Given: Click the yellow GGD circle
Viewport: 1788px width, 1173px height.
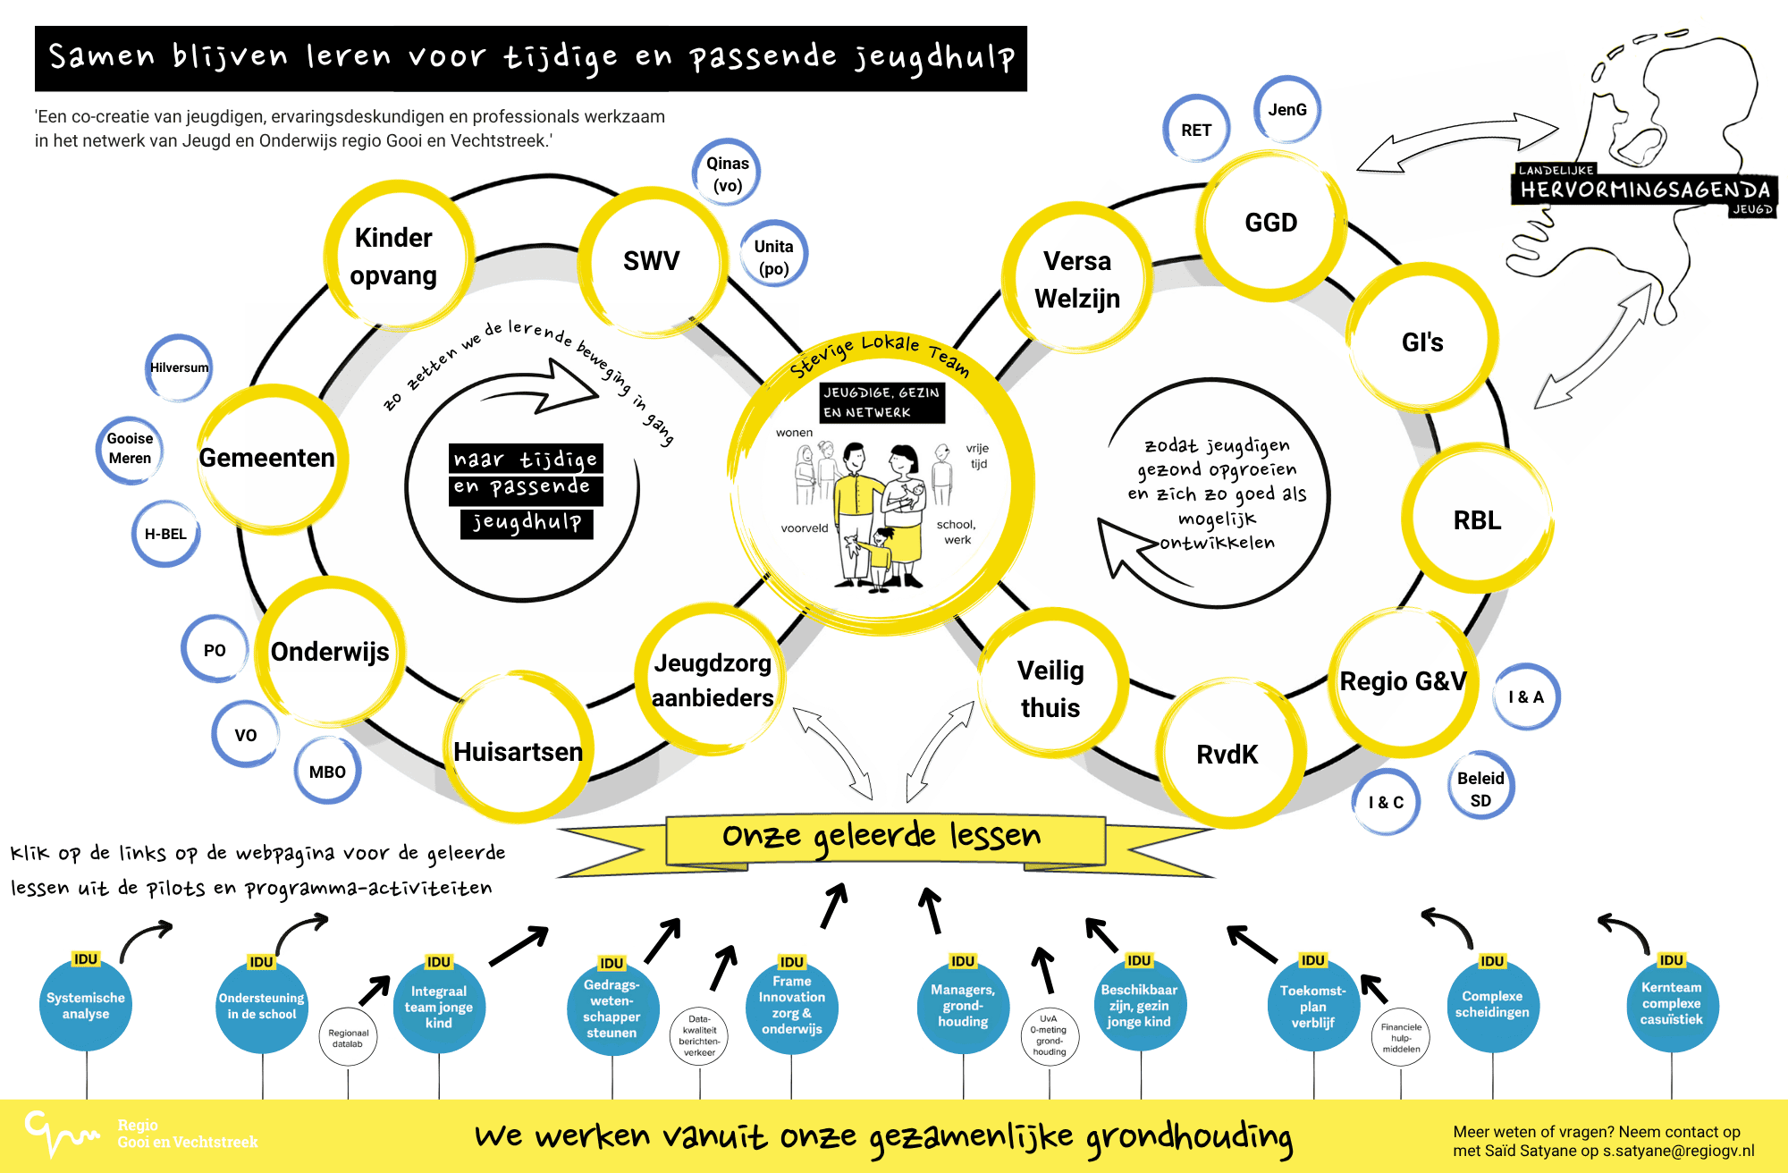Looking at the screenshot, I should click(x=1270, y=224).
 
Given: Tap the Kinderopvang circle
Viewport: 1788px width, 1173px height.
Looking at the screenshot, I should click(x=394, y=257).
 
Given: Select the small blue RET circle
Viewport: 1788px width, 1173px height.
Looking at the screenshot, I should click(x=1196, y=130).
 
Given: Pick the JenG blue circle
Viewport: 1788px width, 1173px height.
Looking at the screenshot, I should click(x=1287, y=110).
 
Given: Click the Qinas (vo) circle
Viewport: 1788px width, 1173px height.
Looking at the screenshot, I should click(x=727, y=173).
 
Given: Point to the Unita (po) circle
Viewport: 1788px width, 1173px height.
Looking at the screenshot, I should click(x=773, y=257).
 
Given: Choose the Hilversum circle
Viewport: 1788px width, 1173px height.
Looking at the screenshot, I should click(x=179, y=367).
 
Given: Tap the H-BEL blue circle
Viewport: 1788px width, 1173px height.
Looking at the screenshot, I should click(x=166, y=534).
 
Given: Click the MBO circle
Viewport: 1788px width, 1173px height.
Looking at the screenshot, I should click(x=327, y=772).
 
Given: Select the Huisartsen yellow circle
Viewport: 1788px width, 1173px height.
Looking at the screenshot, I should click(x=519, y=751).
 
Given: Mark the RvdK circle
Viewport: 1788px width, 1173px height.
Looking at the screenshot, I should click(x=1227, y=755).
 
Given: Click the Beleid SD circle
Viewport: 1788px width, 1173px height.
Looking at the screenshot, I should click(x=1480, y=789).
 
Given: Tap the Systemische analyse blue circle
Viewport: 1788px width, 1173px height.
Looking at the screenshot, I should click(x=86, y=1006).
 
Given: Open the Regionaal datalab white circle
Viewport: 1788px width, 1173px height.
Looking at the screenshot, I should click(x=348, y=1038).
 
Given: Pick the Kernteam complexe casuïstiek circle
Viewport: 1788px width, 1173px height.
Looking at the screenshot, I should click(x=1671, y=1004).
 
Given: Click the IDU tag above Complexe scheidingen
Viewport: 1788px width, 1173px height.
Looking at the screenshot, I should click(x=1492, y=961).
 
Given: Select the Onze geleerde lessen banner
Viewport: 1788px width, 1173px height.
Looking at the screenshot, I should click(x=882, y=837).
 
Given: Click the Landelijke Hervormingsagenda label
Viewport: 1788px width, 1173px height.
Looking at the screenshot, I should click(x=1644, y=189).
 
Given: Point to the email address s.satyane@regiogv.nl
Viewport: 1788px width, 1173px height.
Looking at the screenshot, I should click(x=1678, y=1151).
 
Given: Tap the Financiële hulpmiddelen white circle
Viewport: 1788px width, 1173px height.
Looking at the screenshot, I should click(x=1401, y=1038).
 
